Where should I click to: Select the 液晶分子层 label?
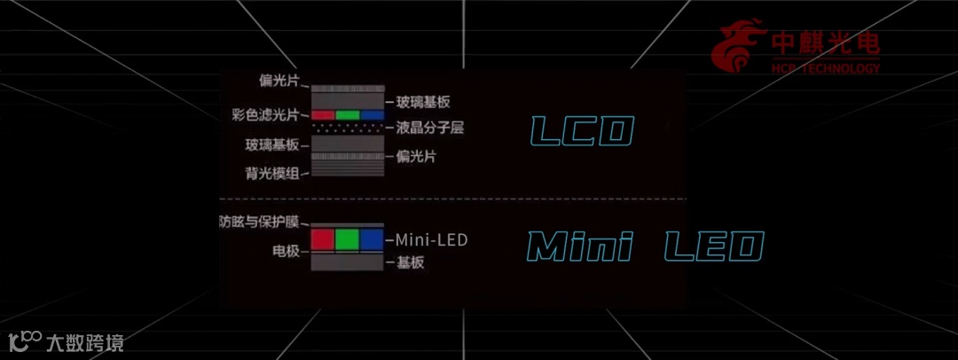pos(430,129)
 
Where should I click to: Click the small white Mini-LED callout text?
pos(431,239)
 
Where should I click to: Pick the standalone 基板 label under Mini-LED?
pos(411,262)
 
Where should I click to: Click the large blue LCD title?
pos(580,131)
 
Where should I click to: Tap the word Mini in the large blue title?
pos(578,246)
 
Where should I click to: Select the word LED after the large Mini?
pos(713,246)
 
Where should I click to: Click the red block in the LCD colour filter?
pos(324,115)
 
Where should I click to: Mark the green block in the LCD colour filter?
pos(348,115)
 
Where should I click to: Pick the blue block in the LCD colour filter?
pos(373,115)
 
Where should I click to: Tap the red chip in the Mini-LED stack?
pos(322,239)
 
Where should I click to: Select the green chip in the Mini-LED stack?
pos(348,239)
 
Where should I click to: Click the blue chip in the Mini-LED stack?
pos(373,239)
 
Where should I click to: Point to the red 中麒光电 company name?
pos(826,43)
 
